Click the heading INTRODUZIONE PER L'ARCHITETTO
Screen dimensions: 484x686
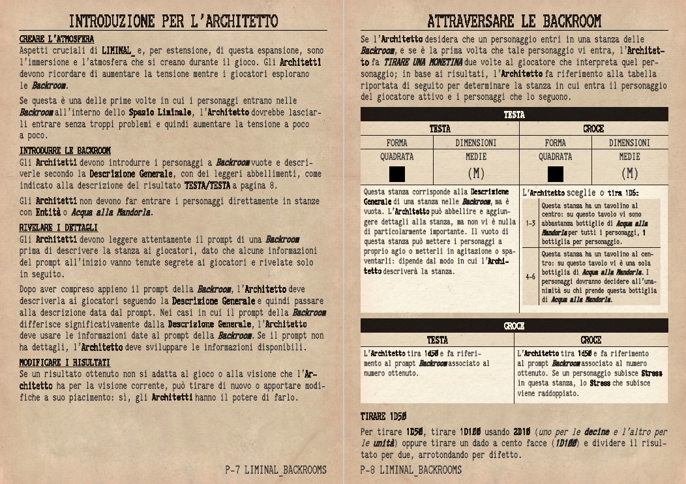point(173,21)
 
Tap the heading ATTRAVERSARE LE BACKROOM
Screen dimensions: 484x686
point(514,21)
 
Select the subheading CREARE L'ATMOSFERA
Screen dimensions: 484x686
point(57,40)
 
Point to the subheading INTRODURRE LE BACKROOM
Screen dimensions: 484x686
point(65,151)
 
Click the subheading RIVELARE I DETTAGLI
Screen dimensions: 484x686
point(59,228)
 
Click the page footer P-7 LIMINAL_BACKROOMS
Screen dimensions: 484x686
point(276,470)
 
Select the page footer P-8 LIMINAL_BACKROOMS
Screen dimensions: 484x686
point(411,470)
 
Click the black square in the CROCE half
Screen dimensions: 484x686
point(556,174)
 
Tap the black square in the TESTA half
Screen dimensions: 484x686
point(396,174)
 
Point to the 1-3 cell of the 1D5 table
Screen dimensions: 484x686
point(530,223)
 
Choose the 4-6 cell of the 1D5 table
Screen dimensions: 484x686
point(530,276)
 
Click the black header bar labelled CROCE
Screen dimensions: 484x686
point(514,325)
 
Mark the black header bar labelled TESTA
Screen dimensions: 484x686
point(514,115)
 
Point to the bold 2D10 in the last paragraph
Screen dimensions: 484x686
point(523,432)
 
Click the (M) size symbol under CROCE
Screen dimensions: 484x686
point(629,174)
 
